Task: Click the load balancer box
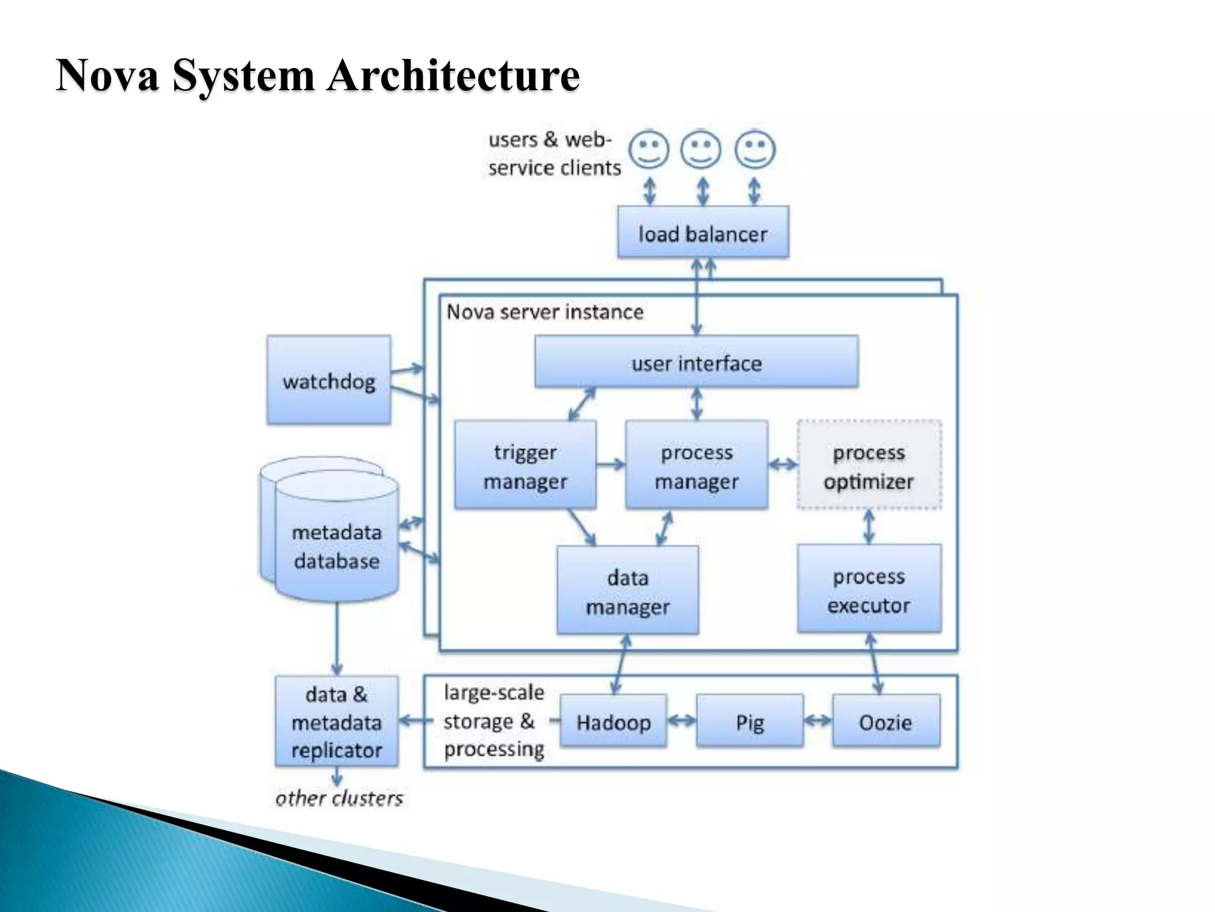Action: [x=703, y=232]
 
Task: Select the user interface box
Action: [x=696, y=362]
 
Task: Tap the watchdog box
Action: [x=329, y=380]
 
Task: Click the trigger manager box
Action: [x=525, y=465]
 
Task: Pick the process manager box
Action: [x=696, y=465]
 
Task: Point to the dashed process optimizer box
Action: [x=869, y=465]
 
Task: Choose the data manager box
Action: [x=628, y=590]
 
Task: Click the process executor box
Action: [x=869, y=589]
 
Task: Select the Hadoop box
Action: [x=613, y=721]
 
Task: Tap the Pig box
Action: [x=750, y=721]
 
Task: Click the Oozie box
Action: [x=886, y=721]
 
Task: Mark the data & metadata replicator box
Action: [x=336, y=721]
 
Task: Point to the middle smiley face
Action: [x=701, y=149]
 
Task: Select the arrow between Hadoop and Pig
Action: [x=682, y=721]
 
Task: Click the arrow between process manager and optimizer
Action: [x=783, y=464]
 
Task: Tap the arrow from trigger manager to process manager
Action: [x=611, y=464]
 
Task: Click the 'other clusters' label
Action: [x=339, y=798]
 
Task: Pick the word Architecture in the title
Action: [x=453, y=75]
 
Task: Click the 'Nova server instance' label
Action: [x=545, y=312]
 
